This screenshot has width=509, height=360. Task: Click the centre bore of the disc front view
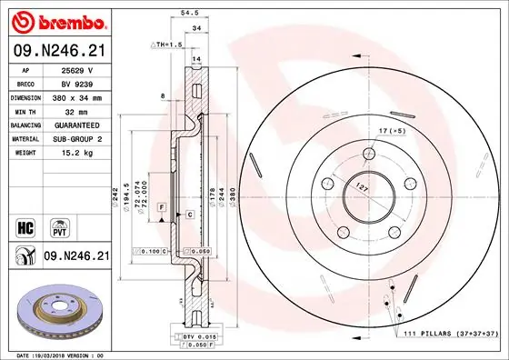368,191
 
